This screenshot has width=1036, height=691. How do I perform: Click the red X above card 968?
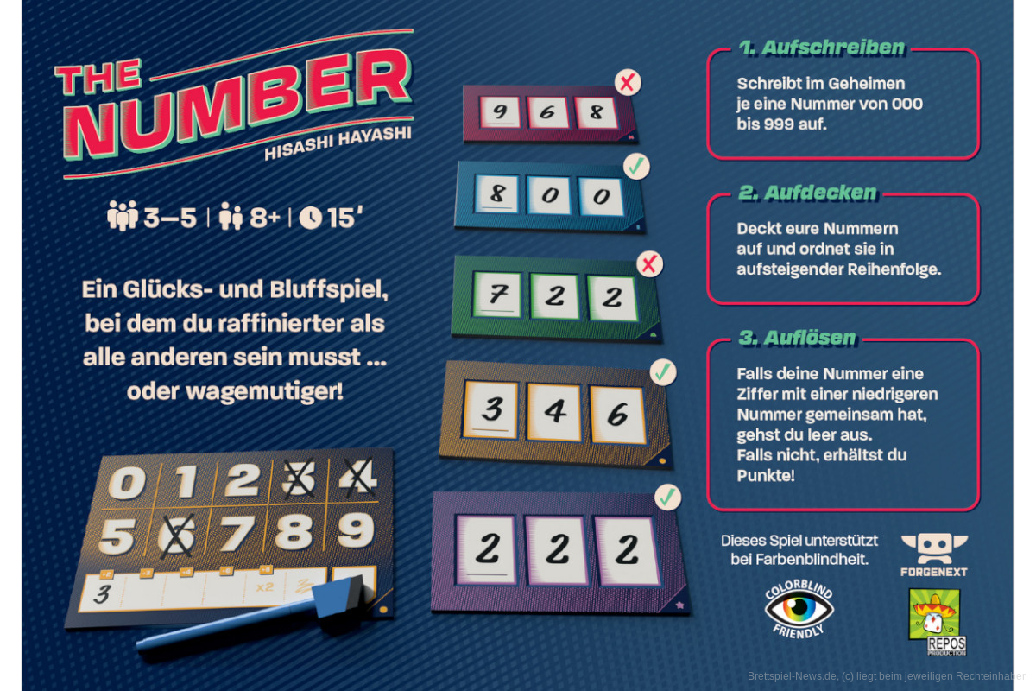coord(628,83)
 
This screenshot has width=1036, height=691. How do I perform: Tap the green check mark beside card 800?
coord(636,166)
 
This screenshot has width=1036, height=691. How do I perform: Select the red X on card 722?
coord(649,264)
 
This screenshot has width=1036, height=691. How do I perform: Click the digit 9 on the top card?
coord(500,111)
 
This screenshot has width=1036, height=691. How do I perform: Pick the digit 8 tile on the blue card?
coord(497,193)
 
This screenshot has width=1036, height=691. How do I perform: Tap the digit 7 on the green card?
coord(497,295)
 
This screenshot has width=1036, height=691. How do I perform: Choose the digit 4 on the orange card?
coord(554,410)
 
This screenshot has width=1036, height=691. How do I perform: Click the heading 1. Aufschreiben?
coord(821,48)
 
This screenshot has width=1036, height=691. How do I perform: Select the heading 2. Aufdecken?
coord(807,193)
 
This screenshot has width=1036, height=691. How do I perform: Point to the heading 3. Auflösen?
coord(798,338)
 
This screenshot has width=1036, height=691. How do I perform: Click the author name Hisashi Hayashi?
coord(338,143)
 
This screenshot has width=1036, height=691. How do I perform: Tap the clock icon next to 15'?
coord(310,218)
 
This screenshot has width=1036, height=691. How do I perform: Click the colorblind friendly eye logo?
coord(799,609)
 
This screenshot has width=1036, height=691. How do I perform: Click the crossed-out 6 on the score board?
coord(176,536)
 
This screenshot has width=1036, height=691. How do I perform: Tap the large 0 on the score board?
coord(127,483)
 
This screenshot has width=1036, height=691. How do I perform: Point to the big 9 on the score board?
coord(355,530)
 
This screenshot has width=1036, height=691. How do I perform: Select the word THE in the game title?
coord(98,77)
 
